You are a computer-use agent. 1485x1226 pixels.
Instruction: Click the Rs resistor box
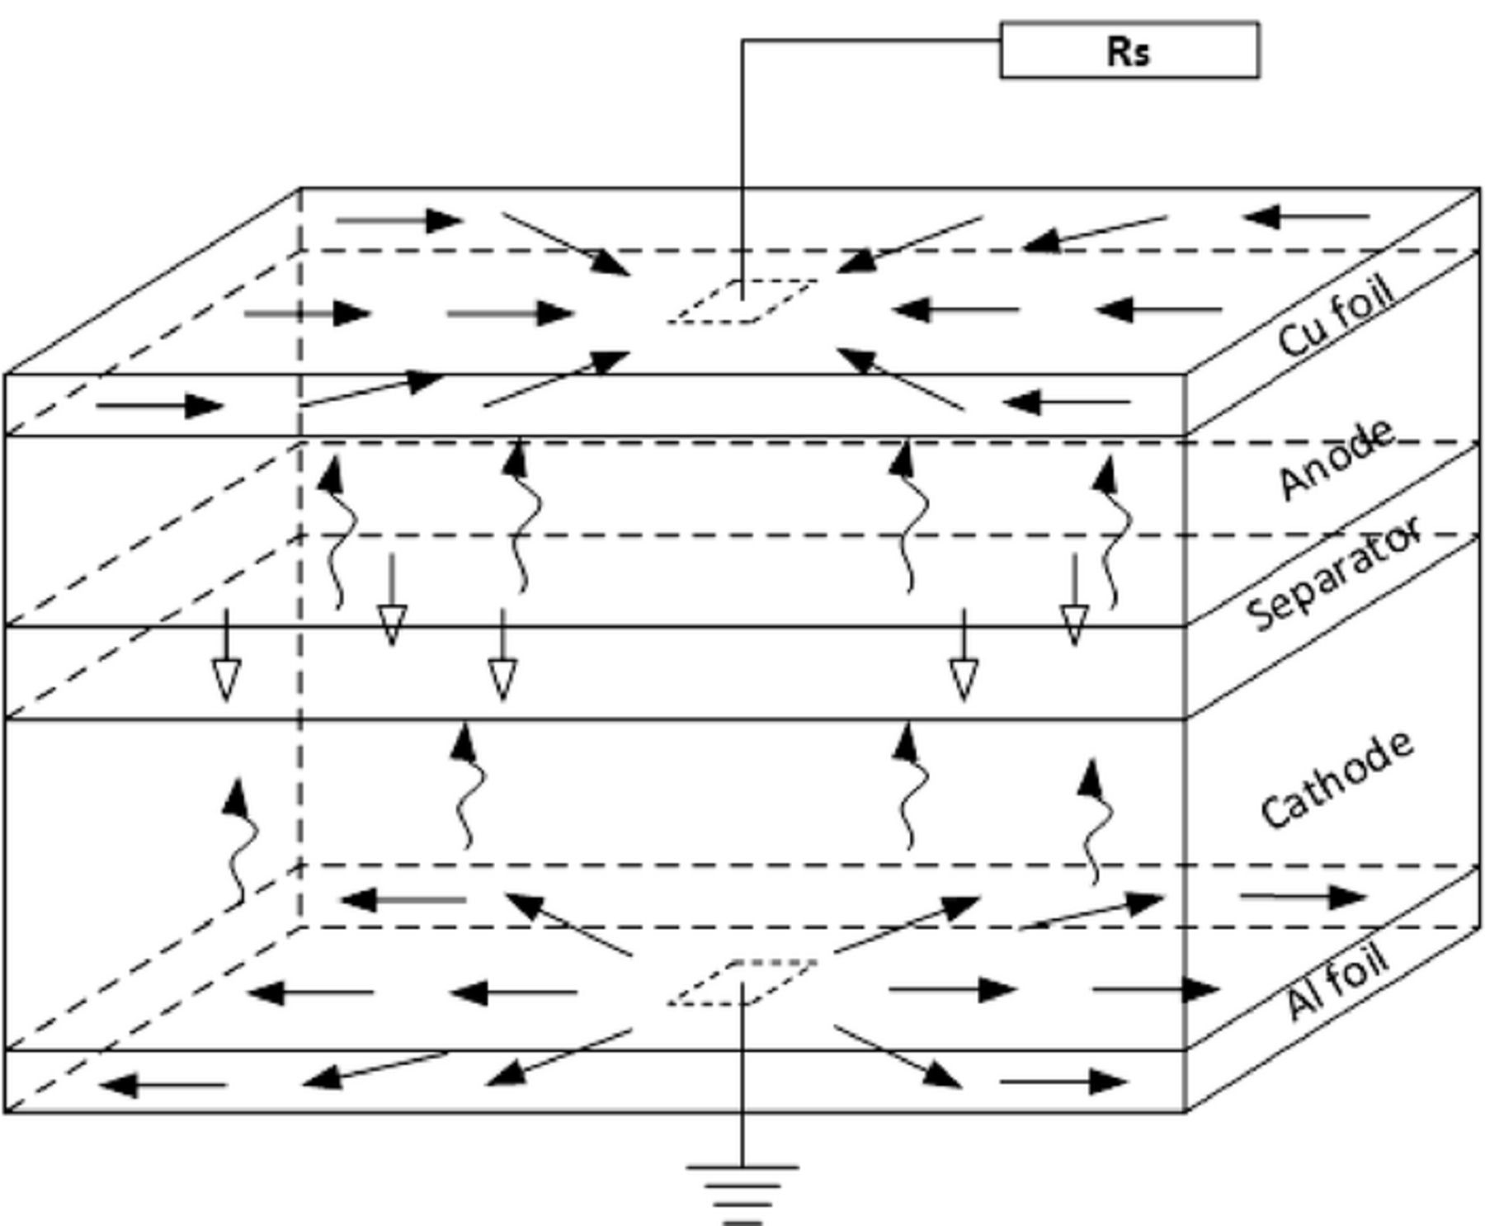pyautogui.click(x=1129, y=51)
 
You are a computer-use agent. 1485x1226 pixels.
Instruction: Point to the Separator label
pyautogui.click(x=1333, y=573)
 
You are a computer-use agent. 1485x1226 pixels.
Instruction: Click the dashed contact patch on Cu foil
pyautogui.click(x=742, y=301)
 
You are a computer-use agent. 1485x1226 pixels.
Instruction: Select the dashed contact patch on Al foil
pyautogui.click(x=742, y=983)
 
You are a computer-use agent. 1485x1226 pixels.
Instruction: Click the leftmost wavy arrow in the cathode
pyautogui.click(x=239, y=842)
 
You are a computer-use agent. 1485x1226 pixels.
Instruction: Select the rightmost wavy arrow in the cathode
pyautogui.click(x=1094, y=821)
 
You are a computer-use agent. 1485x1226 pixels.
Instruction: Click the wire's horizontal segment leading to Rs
pyautogui.click(x=870, y=40)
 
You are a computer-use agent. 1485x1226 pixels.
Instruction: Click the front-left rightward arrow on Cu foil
pyautogui.click(x=160, y=405)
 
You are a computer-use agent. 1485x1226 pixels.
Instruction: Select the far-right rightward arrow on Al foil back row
pyautogui.click(x=1303, y=897)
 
